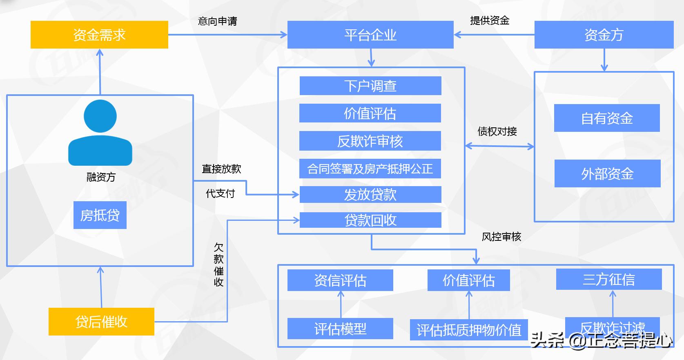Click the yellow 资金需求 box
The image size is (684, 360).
click(x=99, y=35)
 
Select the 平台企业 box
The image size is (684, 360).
click(x=370, y=35)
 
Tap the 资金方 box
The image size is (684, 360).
click(x=604, y=35)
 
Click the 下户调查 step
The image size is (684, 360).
click(x=370, y=86)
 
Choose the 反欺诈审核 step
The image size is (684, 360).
click(x=370, y=141)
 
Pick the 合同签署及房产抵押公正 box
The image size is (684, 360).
click(x=370, y=169)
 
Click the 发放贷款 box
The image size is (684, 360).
click(x=370, y=194)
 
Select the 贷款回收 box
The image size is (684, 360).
click(x=370, y=220)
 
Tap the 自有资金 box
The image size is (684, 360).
click(x=607, y=118)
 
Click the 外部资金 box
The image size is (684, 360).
click(x=607, y=174)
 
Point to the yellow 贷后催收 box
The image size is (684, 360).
click(x=101, y=322)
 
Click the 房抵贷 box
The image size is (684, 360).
click(x=100, y=215)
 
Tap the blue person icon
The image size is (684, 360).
click(x=100, y=133)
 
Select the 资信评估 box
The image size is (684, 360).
click(x=340, y=280)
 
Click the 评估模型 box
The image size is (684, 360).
click(x=340, y=329)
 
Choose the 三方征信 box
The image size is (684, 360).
click(x=609, y=279)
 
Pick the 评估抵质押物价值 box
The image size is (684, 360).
click(x=469, y=330)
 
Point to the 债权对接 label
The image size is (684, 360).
click(x=497, y=131)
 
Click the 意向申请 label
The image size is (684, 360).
click(x=217, y=21)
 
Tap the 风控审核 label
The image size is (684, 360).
click(x=501, y=237)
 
